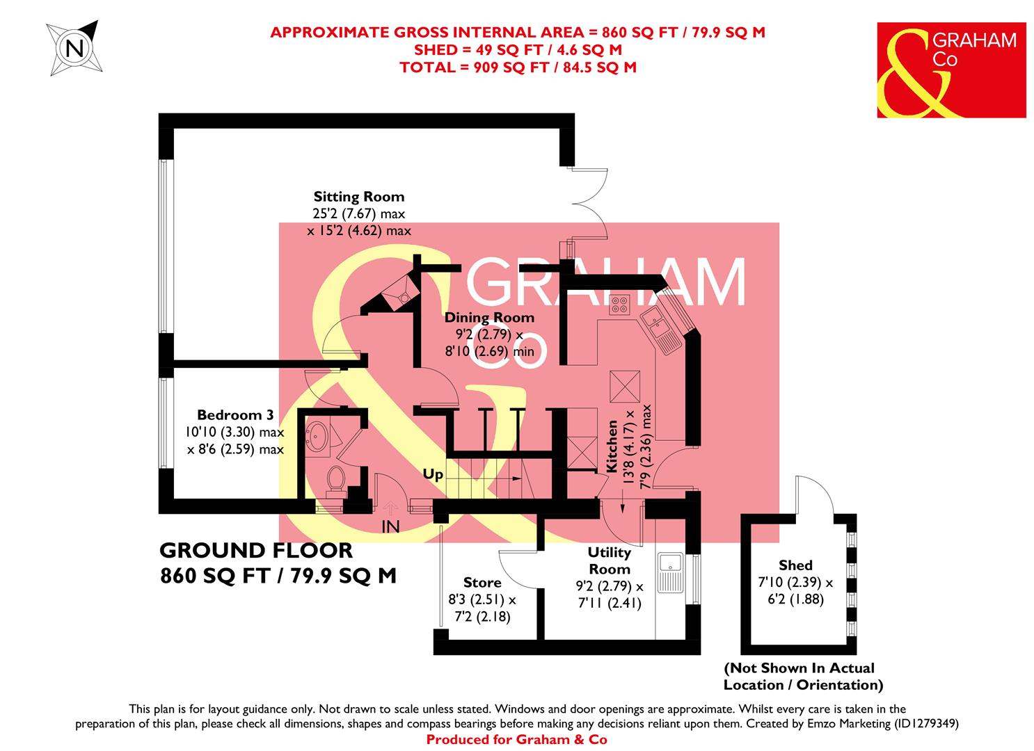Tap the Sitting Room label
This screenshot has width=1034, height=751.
pos(358,197)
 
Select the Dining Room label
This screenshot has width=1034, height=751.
pos(490,318)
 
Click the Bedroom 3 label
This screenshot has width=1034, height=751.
pos(234,415)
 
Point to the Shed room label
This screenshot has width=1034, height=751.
pos(795,565)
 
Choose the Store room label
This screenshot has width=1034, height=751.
pos(482,582)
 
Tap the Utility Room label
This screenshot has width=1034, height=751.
pos(609,560)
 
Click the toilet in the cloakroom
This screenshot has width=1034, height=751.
pos(335,479)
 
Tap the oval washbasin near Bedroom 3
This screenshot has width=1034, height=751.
pos(319,435)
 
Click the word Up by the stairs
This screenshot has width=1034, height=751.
pos(433,475)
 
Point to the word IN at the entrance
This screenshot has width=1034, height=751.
pos(390,528)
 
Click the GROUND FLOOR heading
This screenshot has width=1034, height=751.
pos(256,551)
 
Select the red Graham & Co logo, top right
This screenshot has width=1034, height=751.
pos(951,70)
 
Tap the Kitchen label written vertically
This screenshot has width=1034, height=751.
pos(612,446)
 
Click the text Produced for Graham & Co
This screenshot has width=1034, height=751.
pos(516,740)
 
